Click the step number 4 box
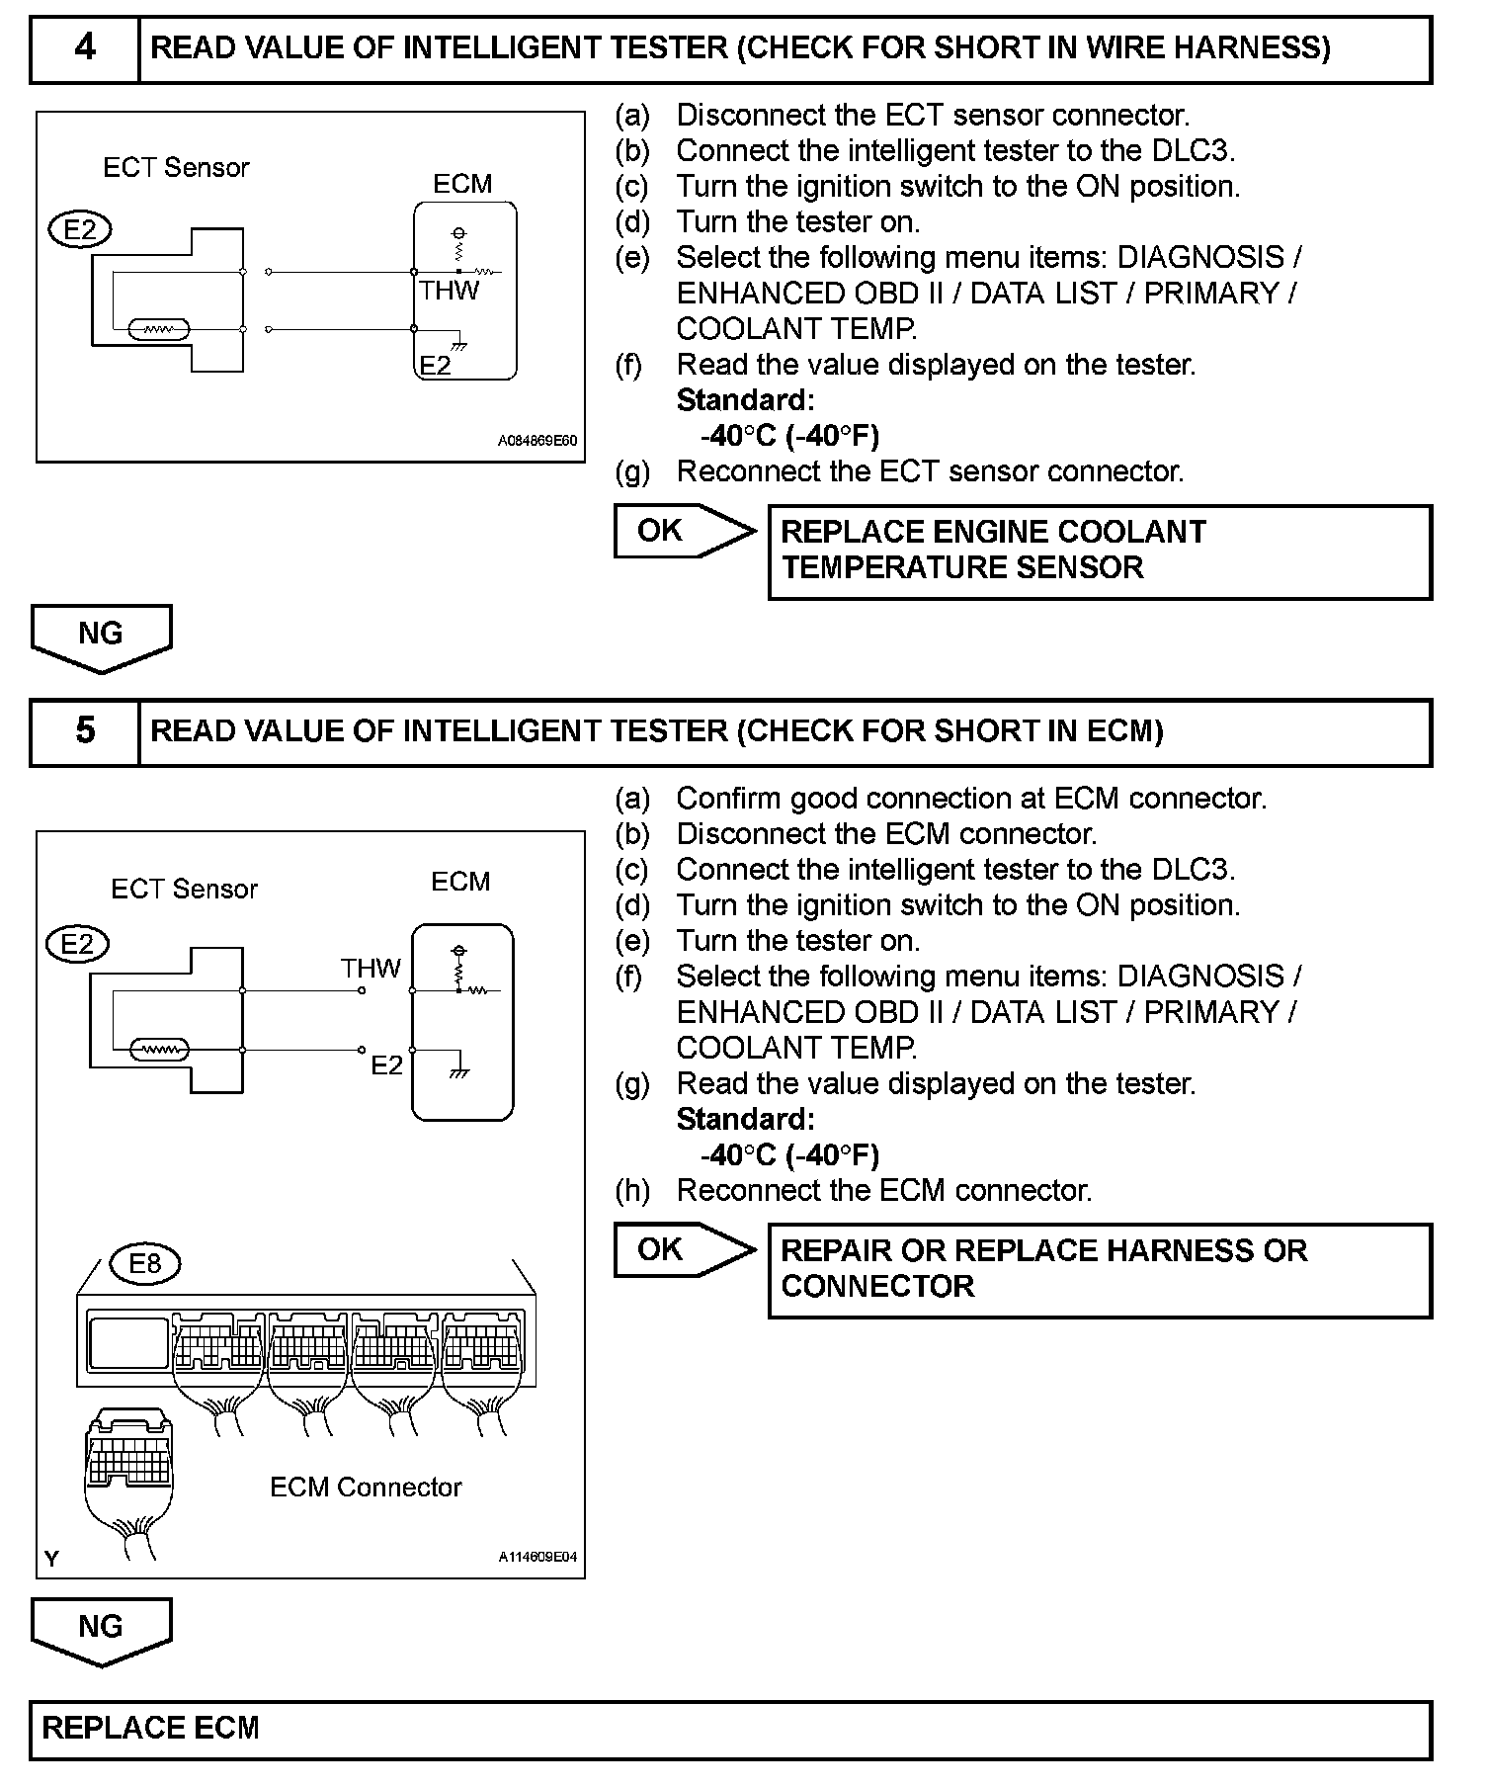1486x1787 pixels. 85,47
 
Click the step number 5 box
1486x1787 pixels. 85,730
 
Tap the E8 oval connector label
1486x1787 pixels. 145,1262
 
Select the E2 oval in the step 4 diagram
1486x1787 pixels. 79,230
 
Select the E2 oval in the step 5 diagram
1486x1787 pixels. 77,944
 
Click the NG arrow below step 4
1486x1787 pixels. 101,636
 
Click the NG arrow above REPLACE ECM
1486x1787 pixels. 101,1629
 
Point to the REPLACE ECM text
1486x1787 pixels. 150,1728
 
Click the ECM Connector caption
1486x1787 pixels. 366,1488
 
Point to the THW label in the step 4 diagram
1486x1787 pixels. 449,291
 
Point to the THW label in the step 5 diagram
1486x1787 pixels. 371,968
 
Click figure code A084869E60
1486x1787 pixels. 537,441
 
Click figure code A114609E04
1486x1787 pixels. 537,1558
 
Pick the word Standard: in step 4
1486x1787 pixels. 745,400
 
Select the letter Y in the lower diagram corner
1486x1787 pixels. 51,1559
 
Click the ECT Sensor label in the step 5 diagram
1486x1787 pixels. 184,889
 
